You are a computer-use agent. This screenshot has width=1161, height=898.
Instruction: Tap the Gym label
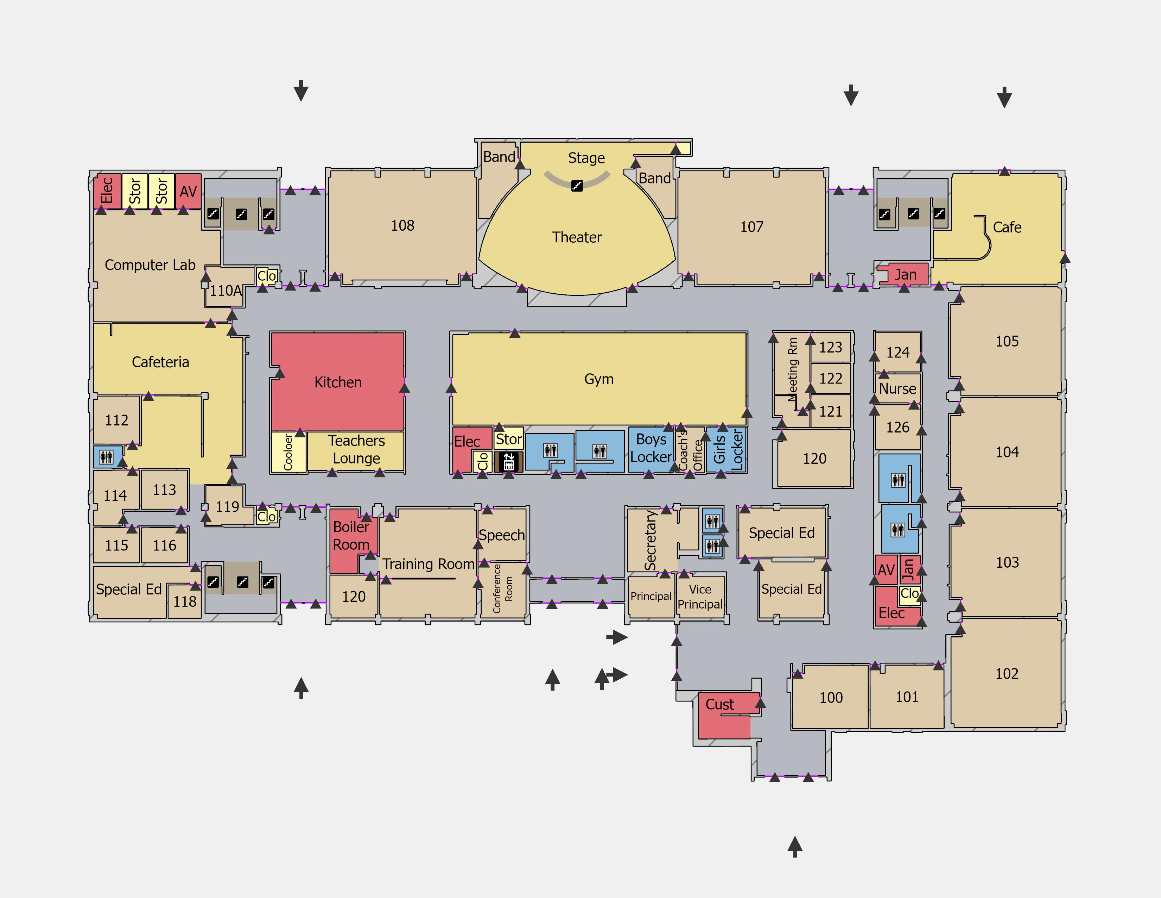(598, 379)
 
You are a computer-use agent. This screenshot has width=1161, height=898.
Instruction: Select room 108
(402, 226)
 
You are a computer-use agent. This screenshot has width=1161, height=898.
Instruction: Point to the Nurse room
(897, 388)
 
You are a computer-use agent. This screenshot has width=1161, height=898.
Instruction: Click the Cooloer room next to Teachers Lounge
(288, 452)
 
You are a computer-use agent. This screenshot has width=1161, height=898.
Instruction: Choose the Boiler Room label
(351, 535)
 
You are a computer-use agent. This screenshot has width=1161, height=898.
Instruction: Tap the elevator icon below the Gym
(509, 462)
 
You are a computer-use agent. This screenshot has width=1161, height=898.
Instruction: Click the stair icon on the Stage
(577, 186)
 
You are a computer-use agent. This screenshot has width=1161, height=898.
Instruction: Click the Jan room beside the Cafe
(905, 275)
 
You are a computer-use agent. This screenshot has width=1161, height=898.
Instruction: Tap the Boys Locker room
(651, 448)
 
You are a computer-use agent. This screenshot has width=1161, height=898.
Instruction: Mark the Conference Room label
(502, 588)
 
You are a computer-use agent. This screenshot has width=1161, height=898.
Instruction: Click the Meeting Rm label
(793, 369)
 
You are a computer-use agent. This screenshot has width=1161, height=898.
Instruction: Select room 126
(897, 427)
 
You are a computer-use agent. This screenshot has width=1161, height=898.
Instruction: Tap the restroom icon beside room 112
(106, 457)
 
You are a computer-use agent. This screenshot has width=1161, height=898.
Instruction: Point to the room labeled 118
(184, 602)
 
